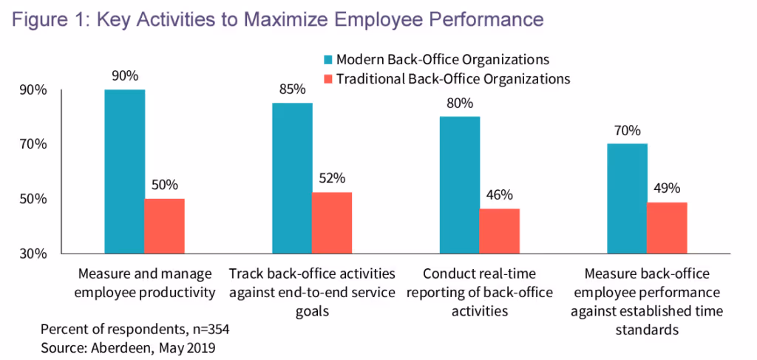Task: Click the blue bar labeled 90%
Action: pos(124,171)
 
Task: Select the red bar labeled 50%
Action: pos(164,226)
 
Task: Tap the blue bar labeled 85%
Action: pos(292,178)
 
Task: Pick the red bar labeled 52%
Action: pos(332,223)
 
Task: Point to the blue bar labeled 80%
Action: pos(459,185)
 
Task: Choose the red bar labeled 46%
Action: pos(499,231)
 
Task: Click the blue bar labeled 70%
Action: pos(627,199)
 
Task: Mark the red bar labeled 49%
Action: pos(667,228)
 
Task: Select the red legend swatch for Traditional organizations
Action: pos(327,78)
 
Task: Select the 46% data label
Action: pos(499,194)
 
